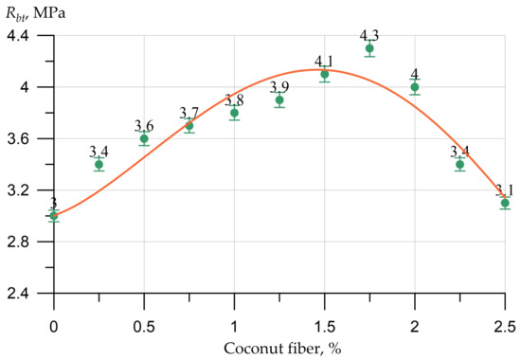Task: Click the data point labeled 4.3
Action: click(x=369, y=48)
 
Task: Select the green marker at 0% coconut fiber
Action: click(x=54, y=216)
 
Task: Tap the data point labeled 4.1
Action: click(x=325, y=74)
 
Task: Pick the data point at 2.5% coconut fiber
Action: click(x=505, y=203)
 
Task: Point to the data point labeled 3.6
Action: click(x=144, y=138)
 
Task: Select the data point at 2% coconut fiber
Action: click(x=415, y=87)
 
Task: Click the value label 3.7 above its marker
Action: click(x=189, y=114)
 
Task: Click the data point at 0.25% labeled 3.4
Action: click(x=99, y=164)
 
